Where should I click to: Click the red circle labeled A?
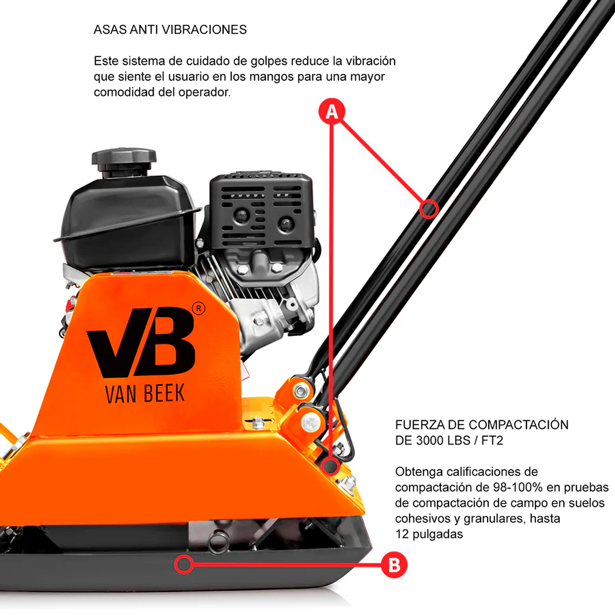pyautogui.click(x=332, y=112)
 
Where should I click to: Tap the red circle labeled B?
pyautogui.click(x=394, y=565)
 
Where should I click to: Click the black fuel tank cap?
pyautogui.click(x=124, y=160)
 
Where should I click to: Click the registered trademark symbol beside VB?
pyautogui.click(x=199, y=309)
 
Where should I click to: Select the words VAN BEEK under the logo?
pyautogui.click(x=145, y=394)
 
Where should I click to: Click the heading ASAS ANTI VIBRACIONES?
pyautogui.click(x=170, y=30)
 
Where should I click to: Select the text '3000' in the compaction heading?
pyautogui.click(x=429, y=440)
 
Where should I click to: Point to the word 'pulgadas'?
pyautogui.click(x=437, y=534)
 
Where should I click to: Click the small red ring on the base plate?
pyautogui.click(x=184, y=564)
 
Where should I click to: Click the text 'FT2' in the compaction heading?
pyautogui.click(x=492, y=440)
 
